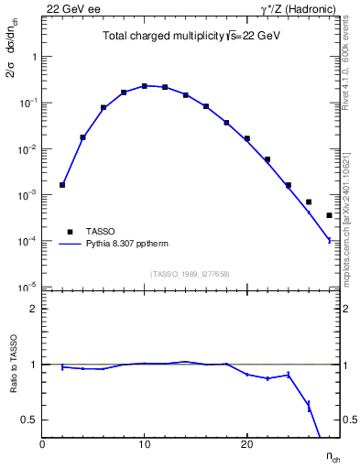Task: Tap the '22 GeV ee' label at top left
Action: (x=70, y=8)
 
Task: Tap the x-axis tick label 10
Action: (x=144, y=444)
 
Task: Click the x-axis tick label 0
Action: (x=42, y=444)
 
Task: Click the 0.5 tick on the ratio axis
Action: (x=28, y=420)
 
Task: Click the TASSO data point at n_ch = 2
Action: (x=62, y=185)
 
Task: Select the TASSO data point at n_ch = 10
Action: (x=145, y=86)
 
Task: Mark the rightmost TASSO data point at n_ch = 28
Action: (x=329, y=215)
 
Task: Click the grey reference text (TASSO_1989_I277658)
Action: (x=190, y=273)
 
